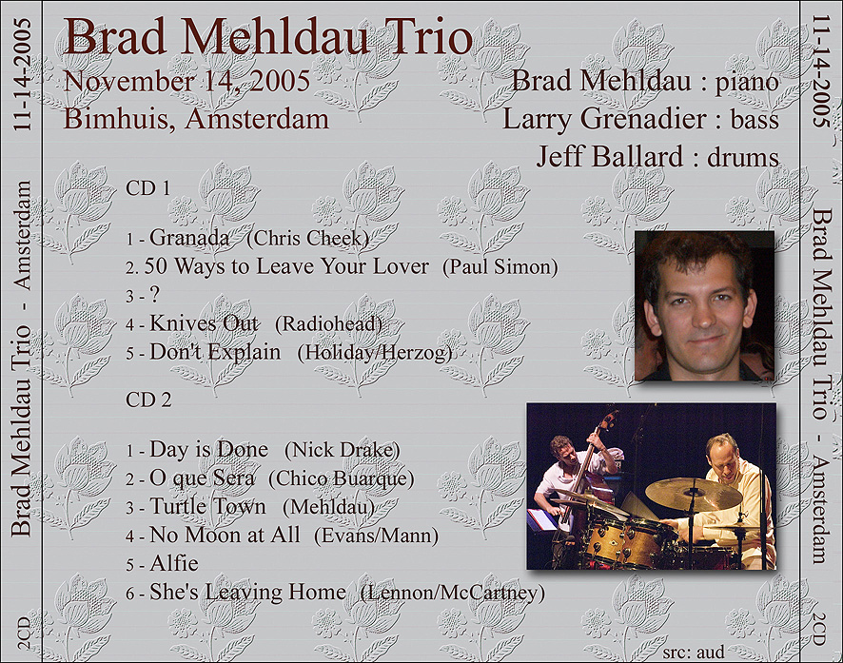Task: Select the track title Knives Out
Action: coord(204,323)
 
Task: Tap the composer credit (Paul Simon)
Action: coord(500,267)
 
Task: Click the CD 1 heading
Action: coord(147,188)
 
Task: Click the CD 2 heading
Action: coord(148,400)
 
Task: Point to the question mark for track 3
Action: coord(154,295)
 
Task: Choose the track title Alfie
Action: coord(174,563)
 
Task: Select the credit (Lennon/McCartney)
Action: coord(453,592)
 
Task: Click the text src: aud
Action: coord(694,652)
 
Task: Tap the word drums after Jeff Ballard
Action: coord(743,157)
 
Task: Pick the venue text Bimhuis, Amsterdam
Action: coord(196,119)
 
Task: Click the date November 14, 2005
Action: coord(187,81)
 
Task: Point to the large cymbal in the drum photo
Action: coord(693,494)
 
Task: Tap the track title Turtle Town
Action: coord(207,506)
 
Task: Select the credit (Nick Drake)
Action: coord(342,450)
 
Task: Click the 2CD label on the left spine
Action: coord(23,633)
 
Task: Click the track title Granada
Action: coord(189,238)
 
